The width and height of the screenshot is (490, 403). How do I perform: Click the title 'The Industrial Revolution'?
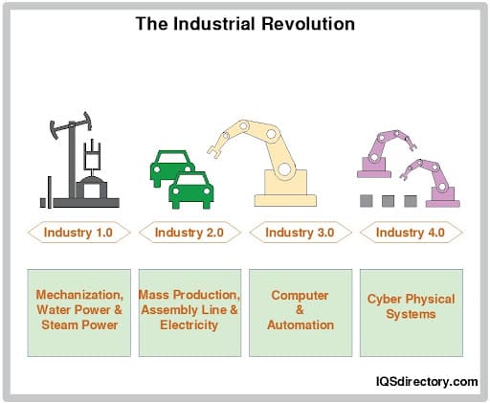pyautogui.click(x=245, y=22)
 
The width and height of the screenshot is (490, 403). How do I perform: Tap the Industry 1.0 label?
pyautogui.click(x=79, y=232)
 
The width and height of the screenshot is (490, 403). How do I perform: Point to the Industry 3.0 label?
pyautogui.click(x=301, y=232)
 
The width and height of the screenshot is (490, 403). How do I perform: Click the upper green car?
pyautogui.click(x=171, y=168)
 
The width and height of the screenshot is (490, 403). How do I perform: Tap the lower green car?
pyautogui.click(x=191, y=190)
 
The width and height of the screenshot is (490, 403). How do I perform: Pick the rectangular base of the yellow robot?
pyautogui.click(x=284, y=198)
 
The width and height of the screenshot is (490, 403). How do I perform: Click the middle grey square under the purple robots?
pyautogui.click(x=388, y=201)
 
